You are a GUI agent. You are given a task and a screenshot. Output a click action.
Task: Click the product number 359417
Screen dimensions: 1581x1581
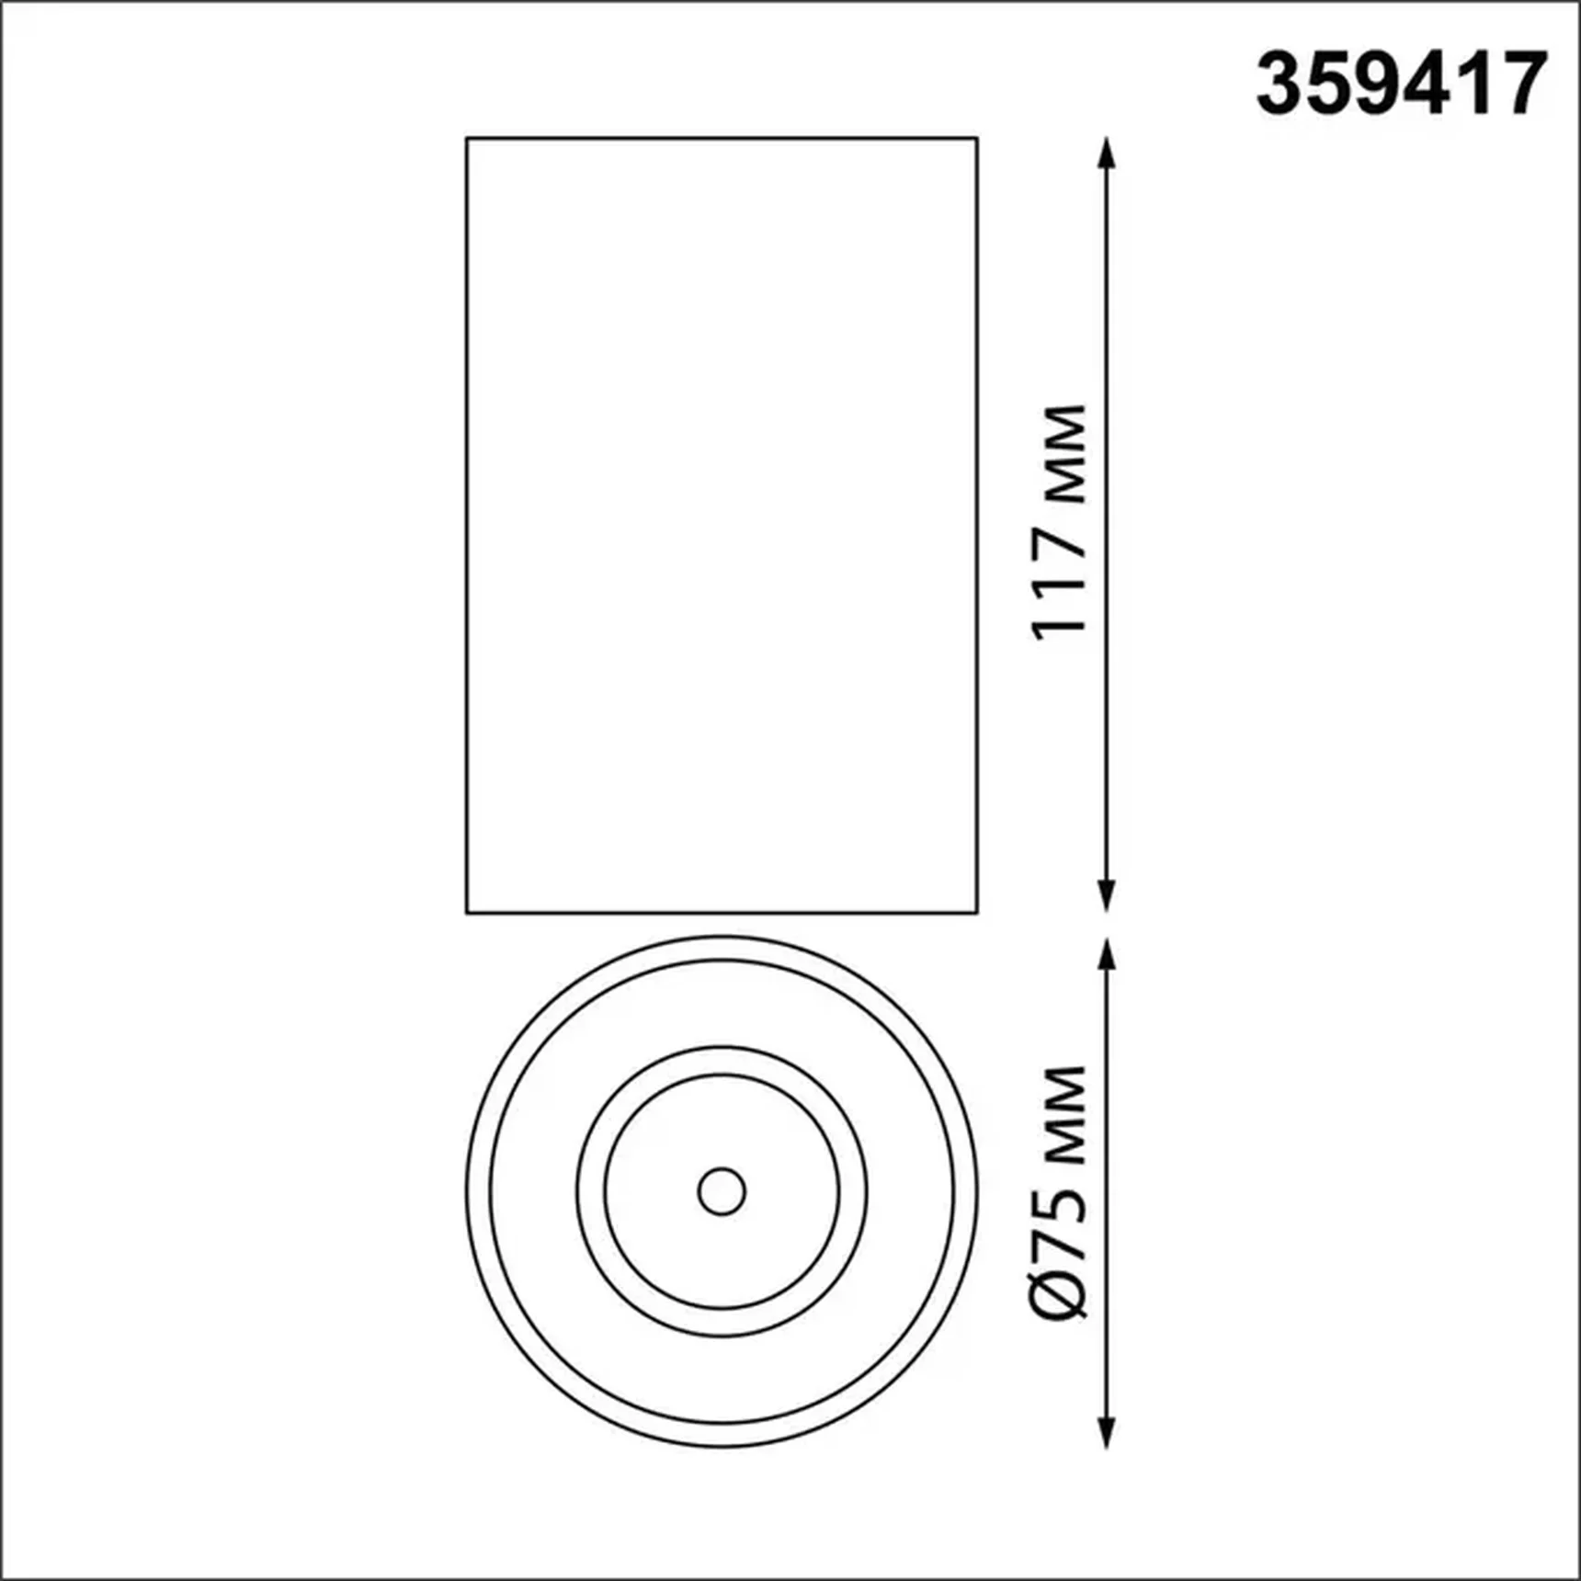pos(1401,85)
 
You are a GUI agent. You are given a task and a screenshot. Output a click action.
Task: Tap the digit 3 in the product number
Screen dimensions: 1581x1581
pos(1281,85)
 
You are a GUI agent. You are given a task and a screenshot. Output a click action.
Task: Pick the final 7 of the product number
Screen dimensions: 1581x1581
pos(1522,85)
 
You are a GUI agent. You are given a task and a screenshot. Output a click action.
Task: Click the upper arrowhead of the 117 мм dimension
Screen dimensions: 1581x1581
pos(1107,153)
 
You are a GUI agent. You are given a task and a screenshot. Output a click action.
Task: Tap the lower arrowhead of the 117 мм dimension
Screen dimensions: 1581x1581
pos(1107,896)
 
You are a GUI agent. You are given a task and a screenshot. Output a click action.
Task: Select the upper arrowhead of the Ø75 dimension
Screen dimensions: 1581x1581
pos(1107,955)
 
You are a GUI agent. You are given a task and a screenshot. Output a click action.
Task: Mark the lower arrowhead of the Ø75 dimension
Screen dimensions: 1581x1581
pos(1107,1433)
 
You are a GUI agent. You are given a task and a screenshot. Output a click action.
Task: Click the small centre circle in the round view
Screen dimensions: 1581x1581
pos(722,1192)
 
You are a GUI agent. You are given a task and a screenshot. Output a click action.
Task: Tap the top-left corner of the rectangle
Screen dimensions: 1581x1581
pos(467,139)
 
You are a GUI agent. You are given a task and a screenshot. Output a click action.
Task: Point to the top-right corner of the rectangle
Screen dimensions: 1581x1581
pos(977,139)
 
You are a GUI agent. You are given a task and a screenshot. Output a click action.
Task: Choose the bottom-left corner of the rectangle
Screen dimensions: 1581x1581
pos(467,913)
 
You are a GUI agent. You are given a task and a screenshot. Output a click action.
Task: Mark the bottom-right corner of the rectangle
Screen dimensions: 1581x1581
pos(977,913)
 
